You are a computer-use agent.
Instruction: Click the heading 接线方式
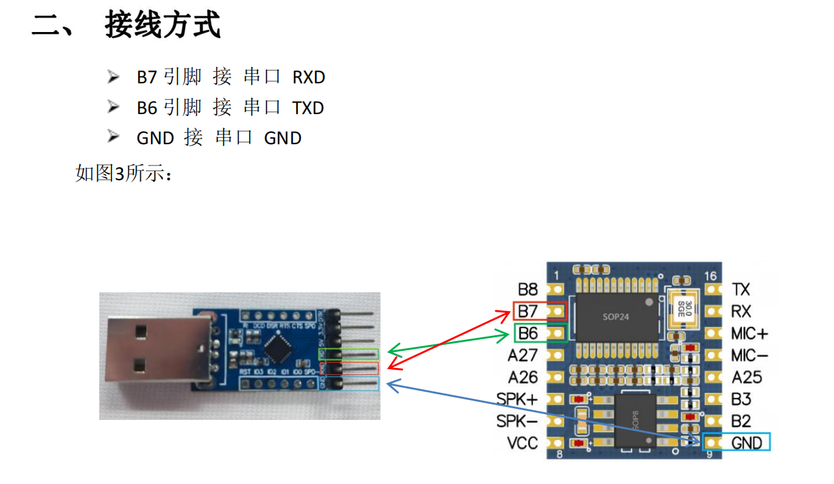(163, 26)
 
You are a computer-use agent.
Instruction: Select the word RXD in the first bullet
(309, 78)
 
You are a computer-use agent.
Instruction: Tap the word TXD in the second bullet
(308, 108)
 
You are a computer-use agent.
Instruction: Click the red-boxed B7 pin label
(528, 312)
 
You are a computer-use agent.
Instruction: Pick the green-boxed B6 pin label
(528, 333)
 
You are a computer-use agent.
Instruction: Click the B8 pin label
(528, 290)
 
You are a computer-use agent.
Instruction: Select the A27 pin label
(523, 355)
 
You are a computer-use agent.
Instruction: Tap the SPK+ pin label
(518, 399)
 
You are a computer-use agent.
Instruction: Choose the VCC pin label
(523, 442)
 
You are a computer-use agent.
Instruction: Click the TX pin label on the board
(740, 290)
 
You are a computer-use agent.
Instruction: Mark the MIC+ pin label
(749, 333)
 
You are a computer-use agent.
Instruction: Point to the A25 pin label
(747, 377)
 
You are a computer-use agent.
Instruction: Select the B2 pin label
(741, 421)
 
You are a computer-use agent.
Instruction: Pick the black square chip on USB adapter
(276, 350)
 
